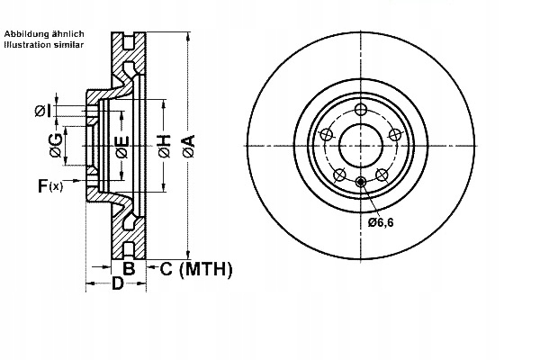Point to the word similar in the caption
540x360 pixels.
(x=69, y=44)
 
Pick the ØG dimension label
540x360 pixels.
(x=56, y=144)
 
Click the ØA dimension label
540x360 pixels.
(x=188, y=144)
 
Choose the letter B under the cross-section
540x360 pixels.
(x=129, y=268)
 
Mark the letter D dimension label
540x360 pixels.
(x=116, y=283)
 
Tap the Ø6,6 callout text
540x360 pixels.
(x=381, y=221)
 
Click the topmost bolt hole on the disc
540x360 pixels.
(x=360, y=109)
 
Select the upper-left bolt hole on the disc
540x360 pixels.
(x=326, y=134)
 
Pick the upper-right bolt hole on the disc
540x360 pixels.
(x=394, y=134)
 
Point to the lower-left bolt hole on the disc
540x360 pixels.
(x=339, y=174)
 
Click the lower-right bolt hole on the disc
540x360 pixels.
(x=382, y=174)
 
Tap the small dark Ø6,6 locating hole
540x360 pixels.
(x=361, y=183)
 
